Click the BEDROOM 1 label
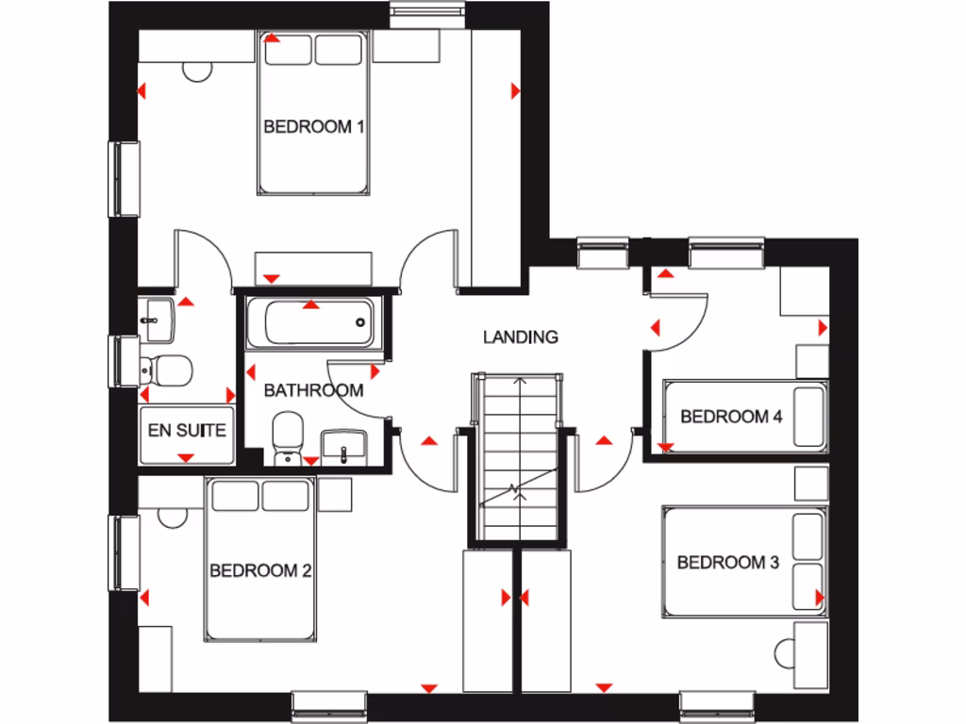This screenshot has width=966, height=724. (x=313, y=126)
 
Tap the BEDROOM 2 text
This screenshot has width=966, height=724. (x=261, y=570)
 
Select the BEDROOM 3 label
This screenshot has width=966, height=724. (x=727, y=563)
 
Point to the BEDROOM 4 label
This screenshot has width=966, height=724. (x=731, y=416)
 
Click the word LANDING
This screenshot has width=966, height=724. (x=520, y=337)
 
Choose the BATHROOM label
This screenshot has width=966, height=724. (x=313, y=390)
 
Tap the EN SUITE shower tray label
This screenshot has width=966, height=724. (x=187, y=431)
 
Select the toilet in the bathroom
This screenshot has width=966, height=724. (x=285, y=438)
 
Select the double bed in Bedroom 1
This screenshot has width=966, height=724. (x=313, y=113)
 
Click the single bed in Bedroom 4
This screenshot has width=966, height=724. (x=745, y=415)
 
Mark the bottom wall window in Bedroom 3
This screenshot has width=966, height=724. (x=719, y=704)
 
